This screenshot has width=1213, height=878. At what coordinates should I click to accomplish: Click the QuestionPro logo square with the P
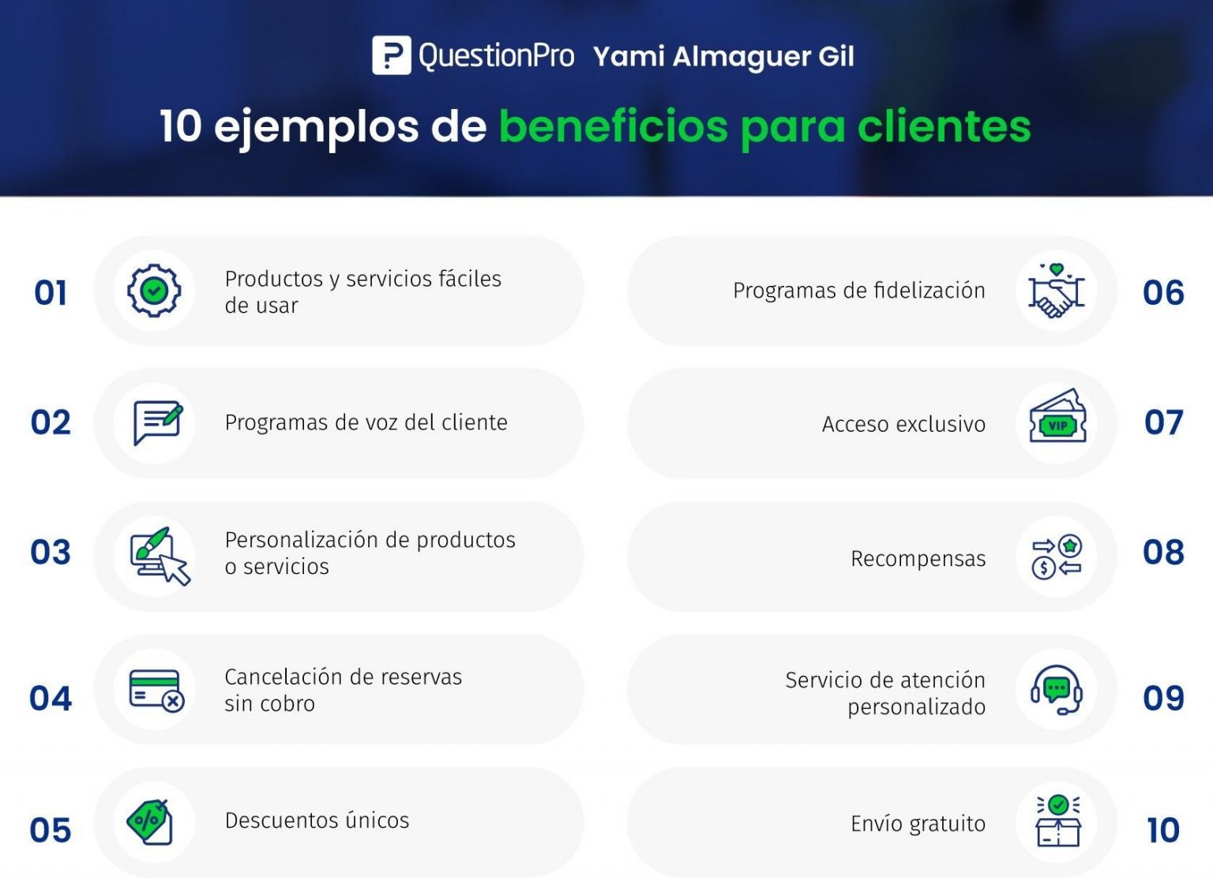click(x=391, y=56)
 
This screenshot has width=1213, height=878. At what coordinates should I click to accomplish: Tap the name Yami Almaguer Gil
click(x=723, y=57)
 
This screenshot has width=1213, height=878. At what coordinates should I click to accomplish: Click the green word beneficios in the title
click(x=614, y=126)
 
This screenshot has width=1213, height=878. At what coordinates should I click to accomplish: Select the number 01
click(x=51, y=293)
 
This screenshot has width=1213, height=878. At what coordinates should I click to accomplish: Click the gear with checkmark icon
click(x=154, y=291)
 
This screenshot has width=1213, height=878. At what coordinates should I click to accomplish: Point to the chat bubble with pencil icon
click(x=157, y=422)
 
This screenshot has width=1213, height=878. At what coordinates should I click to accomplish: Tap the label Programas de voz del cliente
click(x=366, y=422)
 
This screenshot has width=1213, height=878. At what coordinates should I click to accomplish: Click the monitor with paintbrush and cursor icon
click(x=160, y=555)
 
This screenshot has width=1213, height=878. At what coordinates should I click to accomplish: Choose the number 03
click(x=51, y=552)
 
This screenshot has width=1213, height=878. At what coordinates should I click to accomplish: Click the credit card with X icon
click(x=156, y=690)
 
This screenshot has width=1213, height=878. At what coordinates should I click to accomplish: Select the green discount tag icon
click(x=150, y=821)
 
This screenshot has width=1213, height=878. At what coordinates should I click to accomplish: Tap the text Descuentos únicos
click(x=317, y=820)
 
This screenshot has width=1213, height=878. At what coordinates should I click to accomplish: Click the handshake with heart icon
click(x=1057, y=291)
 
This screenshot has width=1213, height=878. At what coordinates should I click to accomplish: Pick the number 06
click(x=1163, y=293)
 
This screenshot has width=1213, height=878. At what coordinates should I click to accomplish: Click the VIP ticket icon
click(x=1057, y=419)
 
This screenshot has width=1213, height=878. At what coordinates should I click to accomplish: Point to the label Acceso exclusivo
click(x=903, y=424)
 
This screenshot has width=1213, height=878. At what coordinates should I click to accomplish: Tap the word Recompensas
click(x=918, y=558)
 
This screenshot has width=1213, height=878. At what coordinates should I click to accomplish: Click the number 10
click(x=1163, y=830)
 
